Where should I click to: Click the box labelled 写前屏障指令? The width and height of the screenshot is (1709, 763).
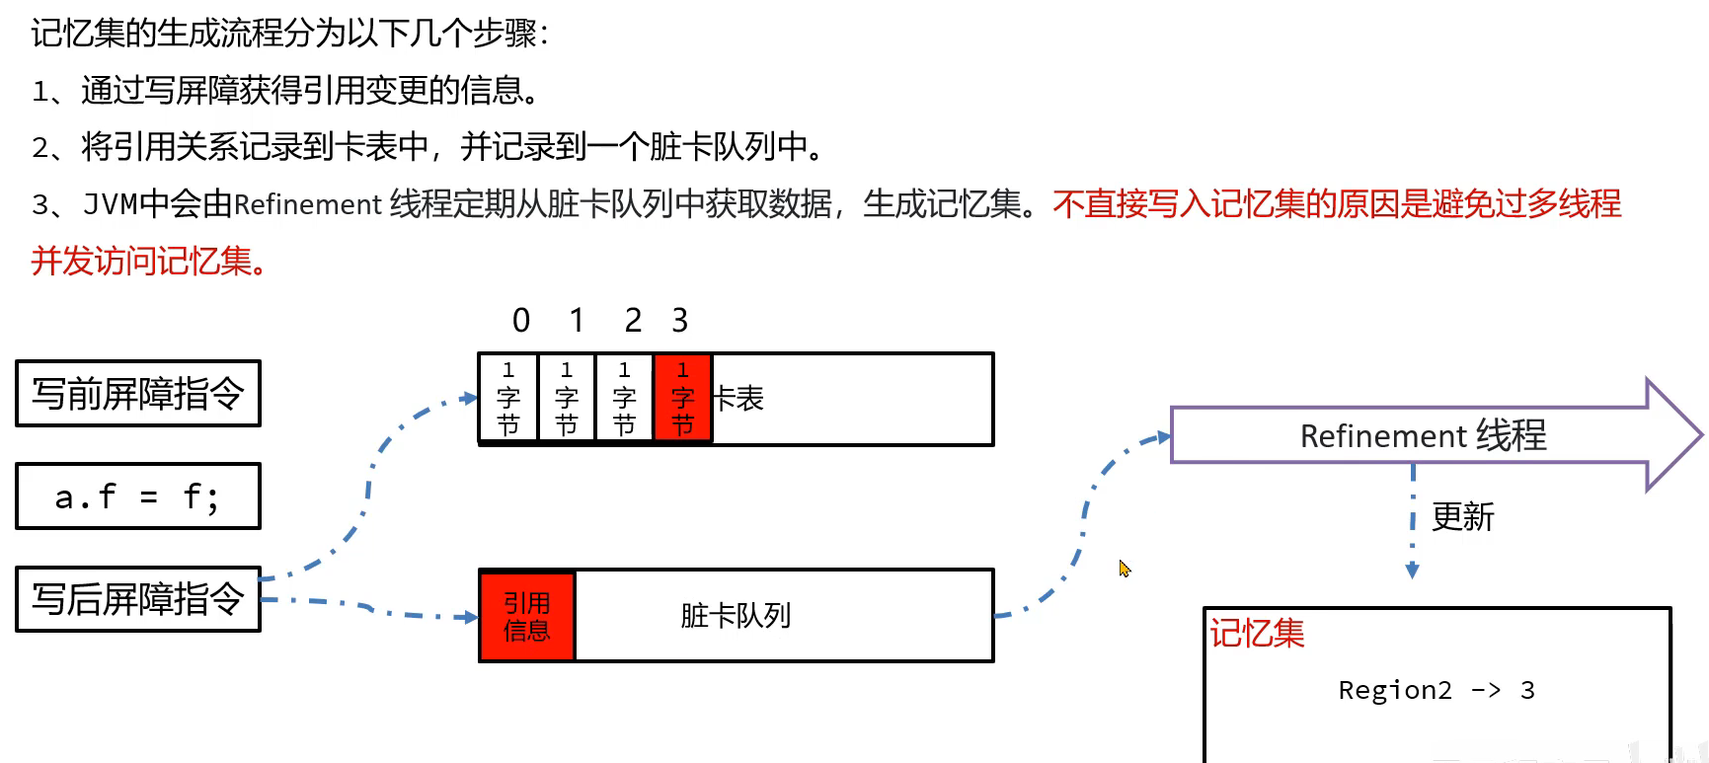pos(138,394)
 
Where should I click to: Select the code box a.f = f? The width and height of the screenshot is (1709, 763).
pos(138,496)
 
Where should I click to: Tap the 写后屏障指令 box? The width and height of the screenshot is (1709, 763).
pos(138,599)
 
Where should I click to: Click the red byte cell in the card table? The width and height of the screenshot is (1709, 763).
pos(682,398)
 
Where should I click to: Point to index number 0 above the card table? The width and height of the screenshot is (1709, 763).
pos(521,321)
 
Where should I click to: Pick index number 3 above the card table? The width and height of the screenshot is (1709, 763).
pos(679,321)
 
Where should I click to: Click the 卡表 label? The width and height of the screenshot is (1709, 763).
pos(739,399)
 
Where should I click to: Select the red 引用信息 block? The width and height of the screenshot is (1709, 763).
pos(527,616)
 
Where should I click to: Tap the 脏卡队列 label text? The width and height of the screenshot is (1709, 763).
pos(736,616)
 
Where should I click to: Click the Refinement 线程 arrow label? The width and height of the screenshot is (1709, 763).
pos(1423,435)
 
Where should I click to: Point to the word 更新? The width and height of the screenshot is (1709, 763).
pos(1463,516)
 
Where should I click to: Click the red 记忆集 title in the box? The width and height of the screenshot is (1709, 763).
pos(1258,634)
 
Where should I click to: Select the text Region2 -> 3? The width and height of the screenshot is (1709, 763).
pos(1436,690)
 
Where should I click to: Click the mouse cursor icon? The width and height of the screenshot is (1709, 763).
pos(1125,569)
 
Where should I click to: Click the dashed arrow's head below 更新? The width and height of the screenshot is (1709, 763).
pos(1412,571)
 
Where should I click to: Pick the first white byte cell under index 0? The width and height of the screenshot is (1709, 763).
pos(508,398)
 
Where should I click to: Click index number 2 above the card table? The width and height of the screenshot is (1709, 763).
pos(633,321)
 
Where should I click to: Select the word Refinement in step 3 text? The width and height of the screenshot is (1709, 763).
pos(308,204)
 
